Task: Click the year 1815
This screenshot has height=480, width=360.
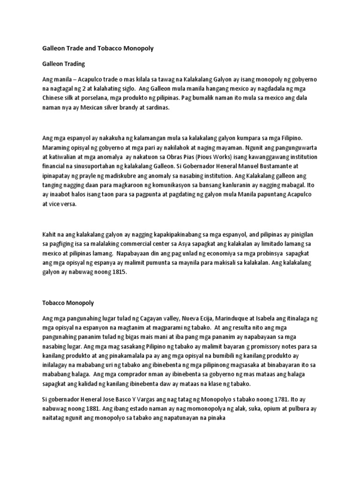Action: pos(118,272)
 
